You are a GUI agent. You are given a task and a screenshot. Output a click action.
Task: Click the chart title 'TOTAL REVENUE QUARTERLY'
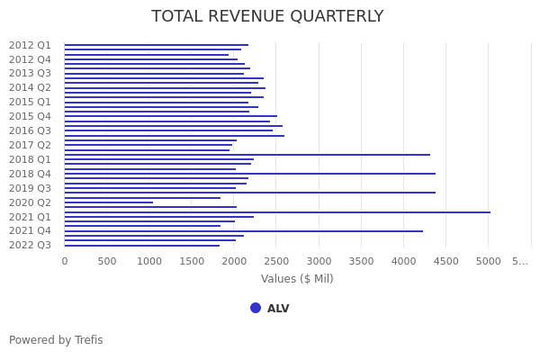click(x=267, y=17)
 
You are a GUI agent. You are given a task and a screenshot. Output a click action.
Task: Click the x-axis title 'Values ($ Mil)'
click(x=297, y=279)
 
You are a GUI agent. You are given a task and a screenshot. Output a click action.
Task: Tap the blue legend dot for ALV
click(x=256, y=308)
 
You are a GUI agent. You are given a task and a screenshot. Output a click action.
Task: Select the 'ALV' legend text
click(x=278, y=309)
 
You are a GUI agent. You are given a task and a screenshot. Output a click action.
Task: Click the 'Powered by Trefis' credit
click(x=56, y=340)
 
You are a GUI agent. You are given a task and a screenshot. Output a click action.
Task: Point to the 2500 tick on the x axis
click(x=276, y=261)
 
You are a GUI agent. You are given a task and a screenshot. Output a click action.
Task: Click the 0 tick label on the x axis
click(x=64, y=261)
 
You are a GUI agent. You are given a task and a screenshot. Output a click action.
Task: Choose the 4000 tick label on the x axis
click(x=403, y=261)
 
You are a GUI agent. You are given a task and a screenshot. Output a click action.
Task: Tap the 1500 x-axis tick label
click(x=191, y=261)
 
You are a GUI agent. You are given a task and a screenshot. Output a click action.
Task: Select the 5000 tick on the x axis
click(x=489, y=261)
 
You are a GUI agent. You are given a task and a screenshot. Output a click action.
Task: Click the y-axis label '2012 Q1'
click(x=30, y=45)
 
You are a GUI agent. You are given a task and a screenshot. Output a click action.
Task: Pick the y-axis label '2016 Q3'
click(x=30, y=130)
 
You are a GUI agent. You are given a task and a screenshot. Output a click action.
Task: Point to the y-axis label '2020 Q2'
click(x=30, y=202)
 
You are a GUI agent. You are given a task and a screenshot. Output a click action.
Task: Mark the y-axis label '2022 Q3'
click(x=30, y=245)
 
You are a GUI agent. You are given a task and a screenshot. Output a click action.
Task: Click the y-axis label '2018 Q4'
click(x=30, y=174)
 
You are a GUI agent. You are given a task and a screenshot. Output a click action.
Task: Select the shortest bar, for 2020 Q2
click(x=108, y=202)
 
